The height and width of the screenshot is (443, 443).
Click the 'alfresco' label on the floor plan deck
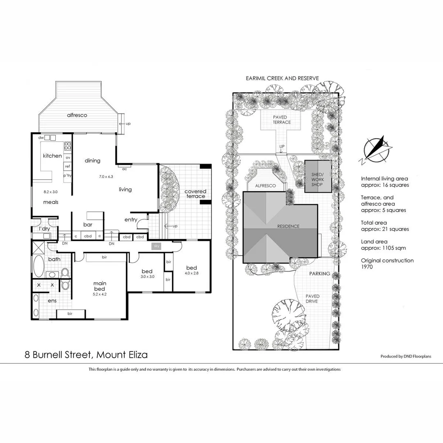[77, 115]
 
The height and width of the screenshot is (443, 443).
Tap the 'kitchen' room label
[53, 156]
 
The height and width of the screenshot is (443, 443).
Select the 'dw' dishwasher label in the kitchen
[41, 138]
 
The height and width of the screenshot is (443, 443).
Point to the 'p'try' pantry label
[67, 176]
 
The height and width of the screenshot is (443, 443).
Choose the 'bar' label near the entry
[88, 224]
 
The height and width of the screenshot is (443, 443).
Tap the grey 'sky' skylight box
[156, 246]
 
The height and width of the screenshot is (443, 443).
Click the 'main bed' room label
[100, 286]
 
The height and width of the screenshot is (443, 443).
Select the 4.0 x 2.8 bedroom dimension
[192, 274]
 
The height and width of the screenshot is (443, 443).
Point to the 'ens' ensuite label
[52, 301]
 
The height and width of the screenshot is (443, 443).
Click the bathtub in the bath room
[39, 266]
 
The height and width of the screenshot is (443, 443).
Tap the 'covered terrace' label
[195, 194]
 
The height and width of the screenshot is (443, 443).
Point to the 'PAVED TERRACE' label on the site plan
[282, 119]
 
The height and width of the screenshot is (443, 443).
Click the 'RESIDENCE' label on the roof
[288, 226]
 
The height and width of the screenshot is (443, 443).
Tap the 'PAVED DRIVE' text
[312, 299]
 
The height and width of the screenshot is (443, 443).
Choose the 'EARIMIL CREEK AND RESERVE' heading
[282, 78]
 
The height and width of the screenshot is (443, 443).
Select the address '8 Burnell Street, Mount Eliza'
[86, 355]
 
